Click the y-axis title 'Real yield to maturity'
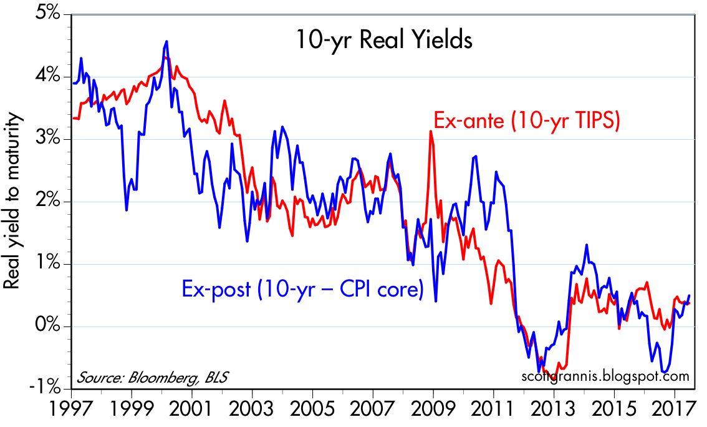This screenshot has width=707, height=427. tap(13, 201)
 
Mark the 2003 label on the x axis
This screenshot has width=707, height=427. tap(252, 412)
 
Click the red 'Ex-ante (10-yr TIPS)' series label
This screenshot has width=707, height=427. tap(526, 120)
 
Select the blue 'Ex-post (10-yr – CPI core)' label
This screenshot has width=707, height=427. tap(302, 290)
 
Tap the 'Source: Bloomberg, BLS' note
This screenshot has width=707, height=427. tap(153, 378)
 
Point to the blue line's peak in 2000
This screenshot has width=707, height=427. tap(166, 42)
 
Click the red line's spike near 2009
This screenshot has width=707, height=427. tap(430, 131)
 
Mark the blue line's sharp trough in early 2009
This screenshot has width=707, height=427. tap(435, 301)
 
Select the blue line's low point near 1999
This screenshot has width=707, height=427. tap(127, 210)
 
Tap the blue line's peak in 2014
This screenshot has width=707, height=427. tap(587, 245)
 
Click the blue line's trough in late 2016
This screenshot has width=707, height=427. tap(665, 372)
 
